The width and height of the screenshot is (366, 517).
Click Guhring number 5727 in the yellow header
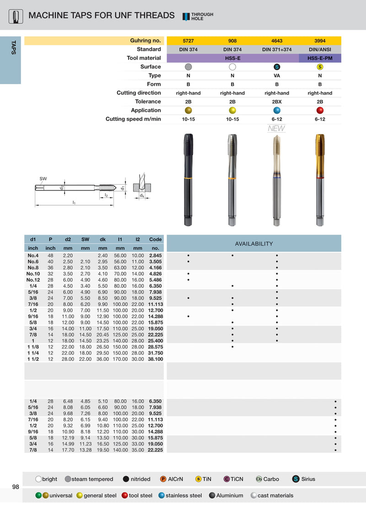(x=188, y=41)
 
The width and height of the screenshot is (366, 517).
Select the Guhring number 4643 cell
(x=277, y=41)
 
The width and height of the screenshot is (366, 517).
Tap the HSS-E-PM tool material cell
(x=320, y=59)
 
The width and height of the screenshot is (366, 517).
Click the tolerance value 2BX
(x=277, y=102)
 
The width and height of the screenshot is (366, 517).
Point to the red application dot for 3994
(x=320, y=110)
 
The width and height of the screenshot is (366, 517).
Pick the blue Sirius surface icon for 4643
(x=277, y=67)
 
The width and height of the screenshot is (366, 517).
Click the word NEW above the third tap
(x=276, y=128)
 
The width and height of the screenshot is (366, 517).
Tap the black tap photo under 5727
(x=188, y=180)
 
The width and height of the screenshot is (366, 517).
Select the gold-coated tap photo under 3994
(x=320, y=180)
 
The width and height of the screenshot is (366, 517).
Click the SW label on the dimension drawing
(x=43, y=179)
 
